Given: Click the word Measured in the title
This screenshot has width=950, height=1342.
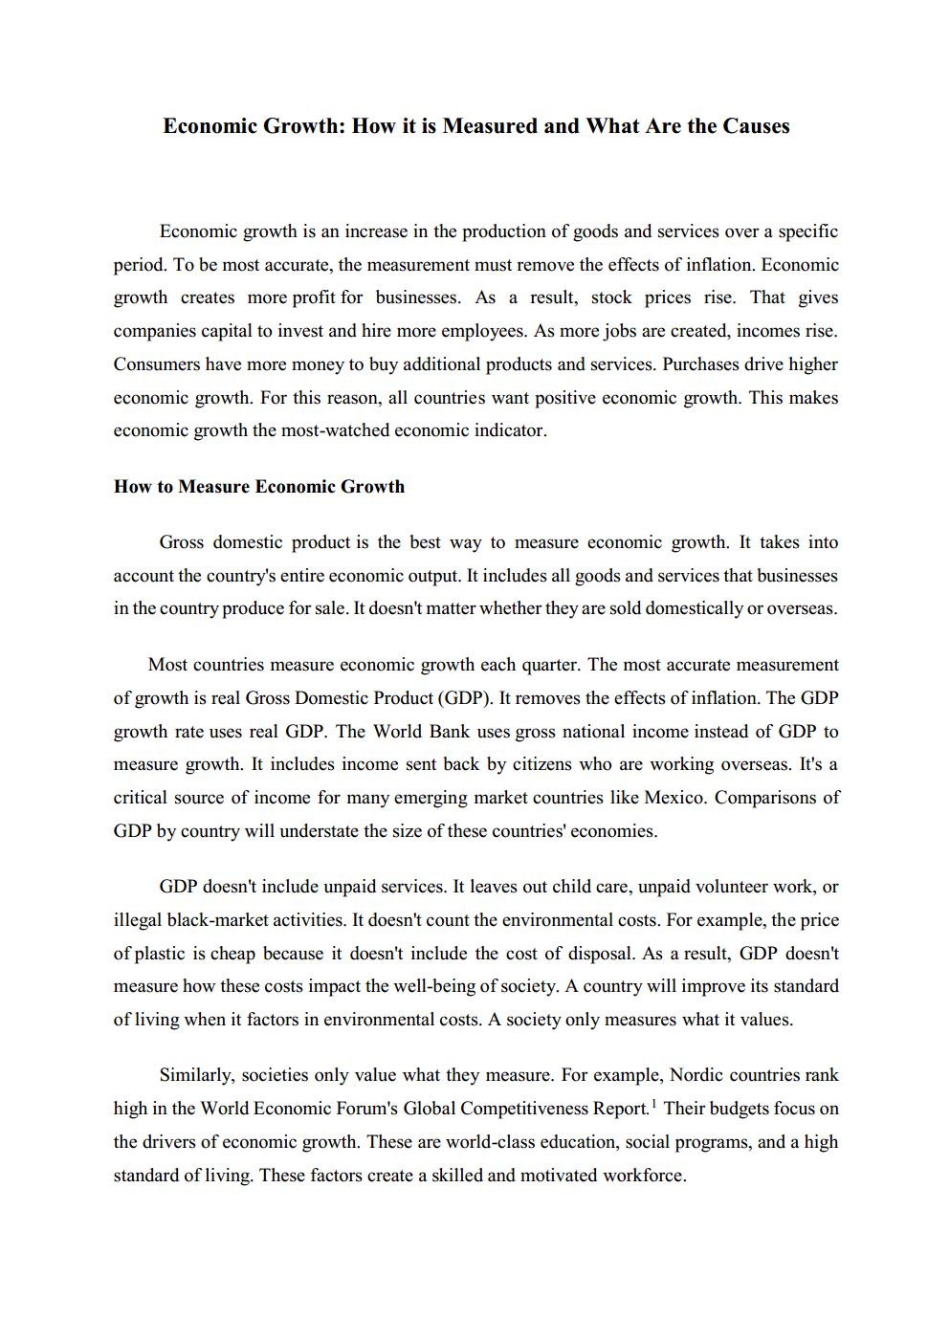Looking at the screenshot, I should point(490,126).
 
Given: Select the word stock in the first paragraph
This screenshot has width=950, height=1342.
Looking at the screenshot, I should point(611,297).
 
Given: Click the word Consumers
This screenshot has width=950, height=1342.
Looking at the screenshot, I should point(157,364).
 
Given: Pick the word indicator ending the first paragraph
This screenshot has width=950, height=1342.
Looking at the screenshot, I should point(510,430).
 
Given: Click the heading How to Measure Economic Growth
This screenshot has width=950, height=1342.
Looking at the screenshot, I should point(259,487).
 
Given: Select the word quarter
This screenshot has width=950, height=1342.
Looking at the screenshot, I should point(550,665).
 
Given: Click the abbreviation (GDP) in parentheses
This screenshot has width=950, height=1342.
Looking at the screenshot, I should point(465,698).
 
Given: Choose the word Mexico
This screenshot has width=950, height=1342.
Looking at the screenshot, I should point(674,798).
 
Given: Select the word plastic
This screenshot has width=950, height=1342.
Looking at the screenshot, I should point(161,954).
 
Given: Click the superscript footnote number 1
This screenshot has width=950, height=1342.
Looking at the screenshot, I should point(653,1104).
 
